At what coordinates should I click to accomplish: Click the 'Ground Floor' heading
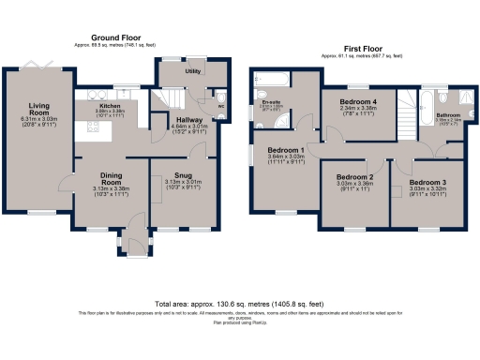[x=98, y=38]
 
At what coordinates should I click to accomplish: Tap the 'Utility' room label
[x=193, y=71]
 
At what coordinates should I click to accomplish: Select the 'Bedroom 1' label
[x=285, y=151]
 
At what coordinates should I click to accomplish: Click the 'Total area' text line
[x=239, y=304]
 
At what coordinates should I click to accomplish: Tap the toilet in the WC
[x=219, y=96]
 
